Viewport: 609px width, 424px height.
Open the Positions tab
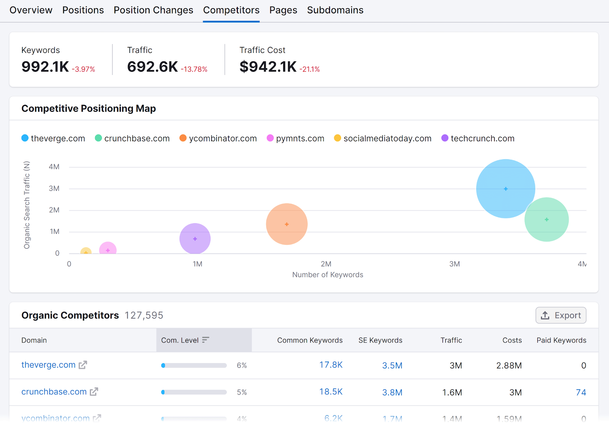tap(83, 10)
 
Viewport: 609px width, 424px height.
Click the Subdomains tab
tap(335, 10)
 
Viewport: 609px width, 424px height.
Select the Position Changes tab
tap(153, 10)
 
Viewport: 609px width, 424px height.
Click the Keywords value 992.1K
tap(45, 67)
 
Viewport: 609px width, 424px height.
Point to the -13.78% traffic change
tap(194, 69)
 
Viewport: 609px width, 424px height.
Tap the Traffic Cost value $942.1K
tap(268, 67)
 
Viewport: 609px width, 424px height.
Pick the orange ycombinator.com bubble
tap(287, 224)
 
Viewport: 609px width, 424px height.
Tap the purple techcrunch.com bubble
tap(195, 239)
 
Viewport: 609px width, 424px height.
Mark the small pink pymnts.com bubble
tap(108, 250)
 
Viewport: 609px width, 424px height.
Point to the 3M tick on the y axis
tap(54, 189)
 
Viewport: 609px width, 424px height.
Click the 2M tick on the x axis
tap(326, 264)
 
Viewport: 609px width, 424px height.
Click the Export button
tap(561, 315)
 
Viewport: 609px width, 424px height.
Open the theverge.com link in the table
tap(48, 365)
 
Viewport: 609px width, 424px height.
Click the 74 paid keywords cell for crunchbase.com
tap(580, 392)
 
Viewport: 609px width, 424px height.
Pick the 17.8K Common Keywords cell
tap(331, 365)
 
